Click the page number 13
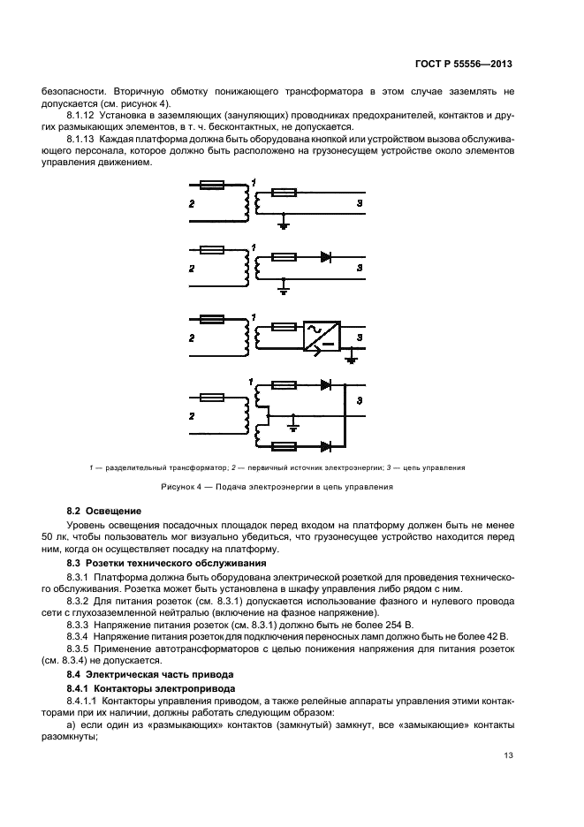tap(507, 755)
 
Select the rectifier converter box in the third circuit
tap(319, 336)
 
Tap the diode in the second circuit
tap(325, 258)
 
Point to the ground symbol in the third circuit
tap(351, 358)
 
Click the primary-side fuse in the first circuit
tap(212, 186)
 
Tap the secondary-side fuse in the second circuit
tap(283, 258)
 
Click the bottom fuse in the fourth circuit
tap(283, 446)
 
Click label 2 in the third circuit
tap(191, 337)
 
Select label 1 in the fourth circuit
tap(252, 382)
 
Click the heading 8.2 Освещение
tap(99, 511)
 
